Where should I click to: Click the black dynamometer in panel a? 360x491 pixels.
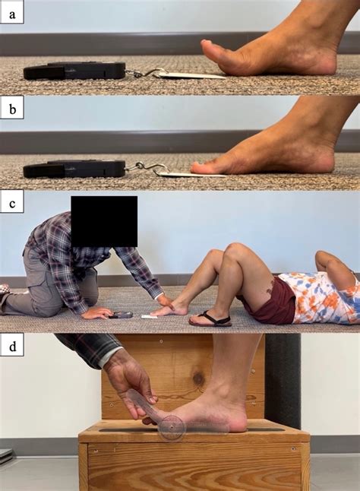click(74, 71)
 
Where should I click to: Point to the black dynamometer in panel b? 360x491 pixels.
click(74, 168)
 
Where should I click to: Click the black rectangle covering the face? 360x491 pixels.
click(104, 220)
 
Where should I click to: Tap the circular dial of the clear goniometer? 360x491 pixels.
click(172, 428)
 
